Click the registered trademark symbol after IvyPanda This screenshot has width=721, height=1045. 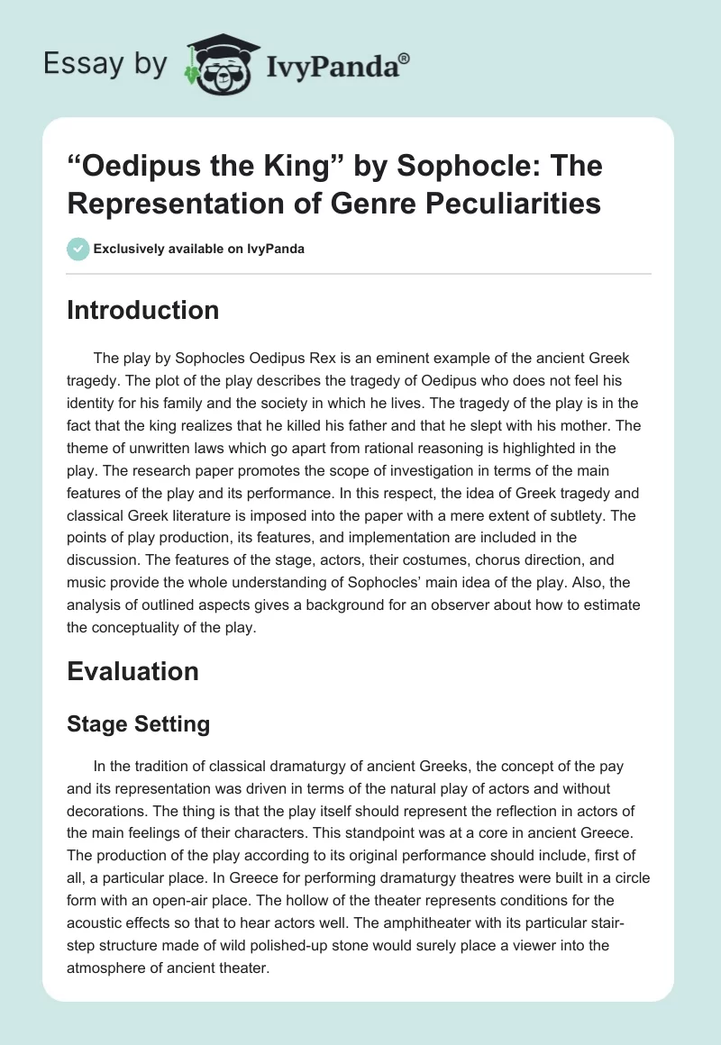coord(405,59)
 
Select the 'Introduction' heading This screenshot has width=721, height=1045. coord(142,310)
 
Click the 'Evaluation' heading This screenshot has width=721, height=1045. coord(132,671)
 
